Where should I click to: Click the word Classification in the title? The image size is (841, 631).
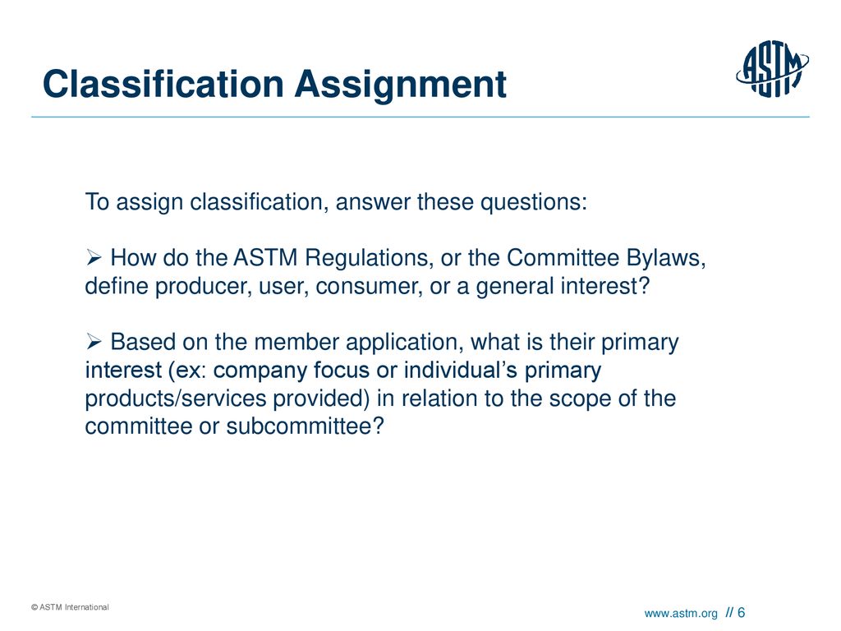point(163,85)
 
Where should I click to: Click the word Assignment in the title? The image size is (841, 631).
point(401,85)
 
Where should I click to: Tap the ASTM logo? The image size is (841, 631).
point(772,69)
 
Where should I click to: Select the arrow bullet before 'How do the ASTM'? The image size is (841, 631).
point(94,258)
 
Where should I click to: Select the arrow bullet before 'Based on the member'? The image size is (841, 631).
point(94,341)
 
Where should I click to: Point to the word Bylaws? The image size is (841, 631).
point(665,259)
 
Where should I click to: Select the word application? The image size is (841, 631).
point(403,343)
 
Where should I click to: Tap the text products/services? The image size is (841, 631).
point(176,398)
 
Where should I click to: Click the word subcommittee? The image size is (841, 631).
point(306,426)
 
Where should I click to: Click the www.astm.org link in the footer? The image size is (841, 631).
point(681,613)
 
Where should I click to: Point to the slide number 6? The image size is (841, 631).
point(742,612)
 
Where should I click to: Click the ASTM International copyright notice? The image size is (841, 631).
point(70,607)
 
